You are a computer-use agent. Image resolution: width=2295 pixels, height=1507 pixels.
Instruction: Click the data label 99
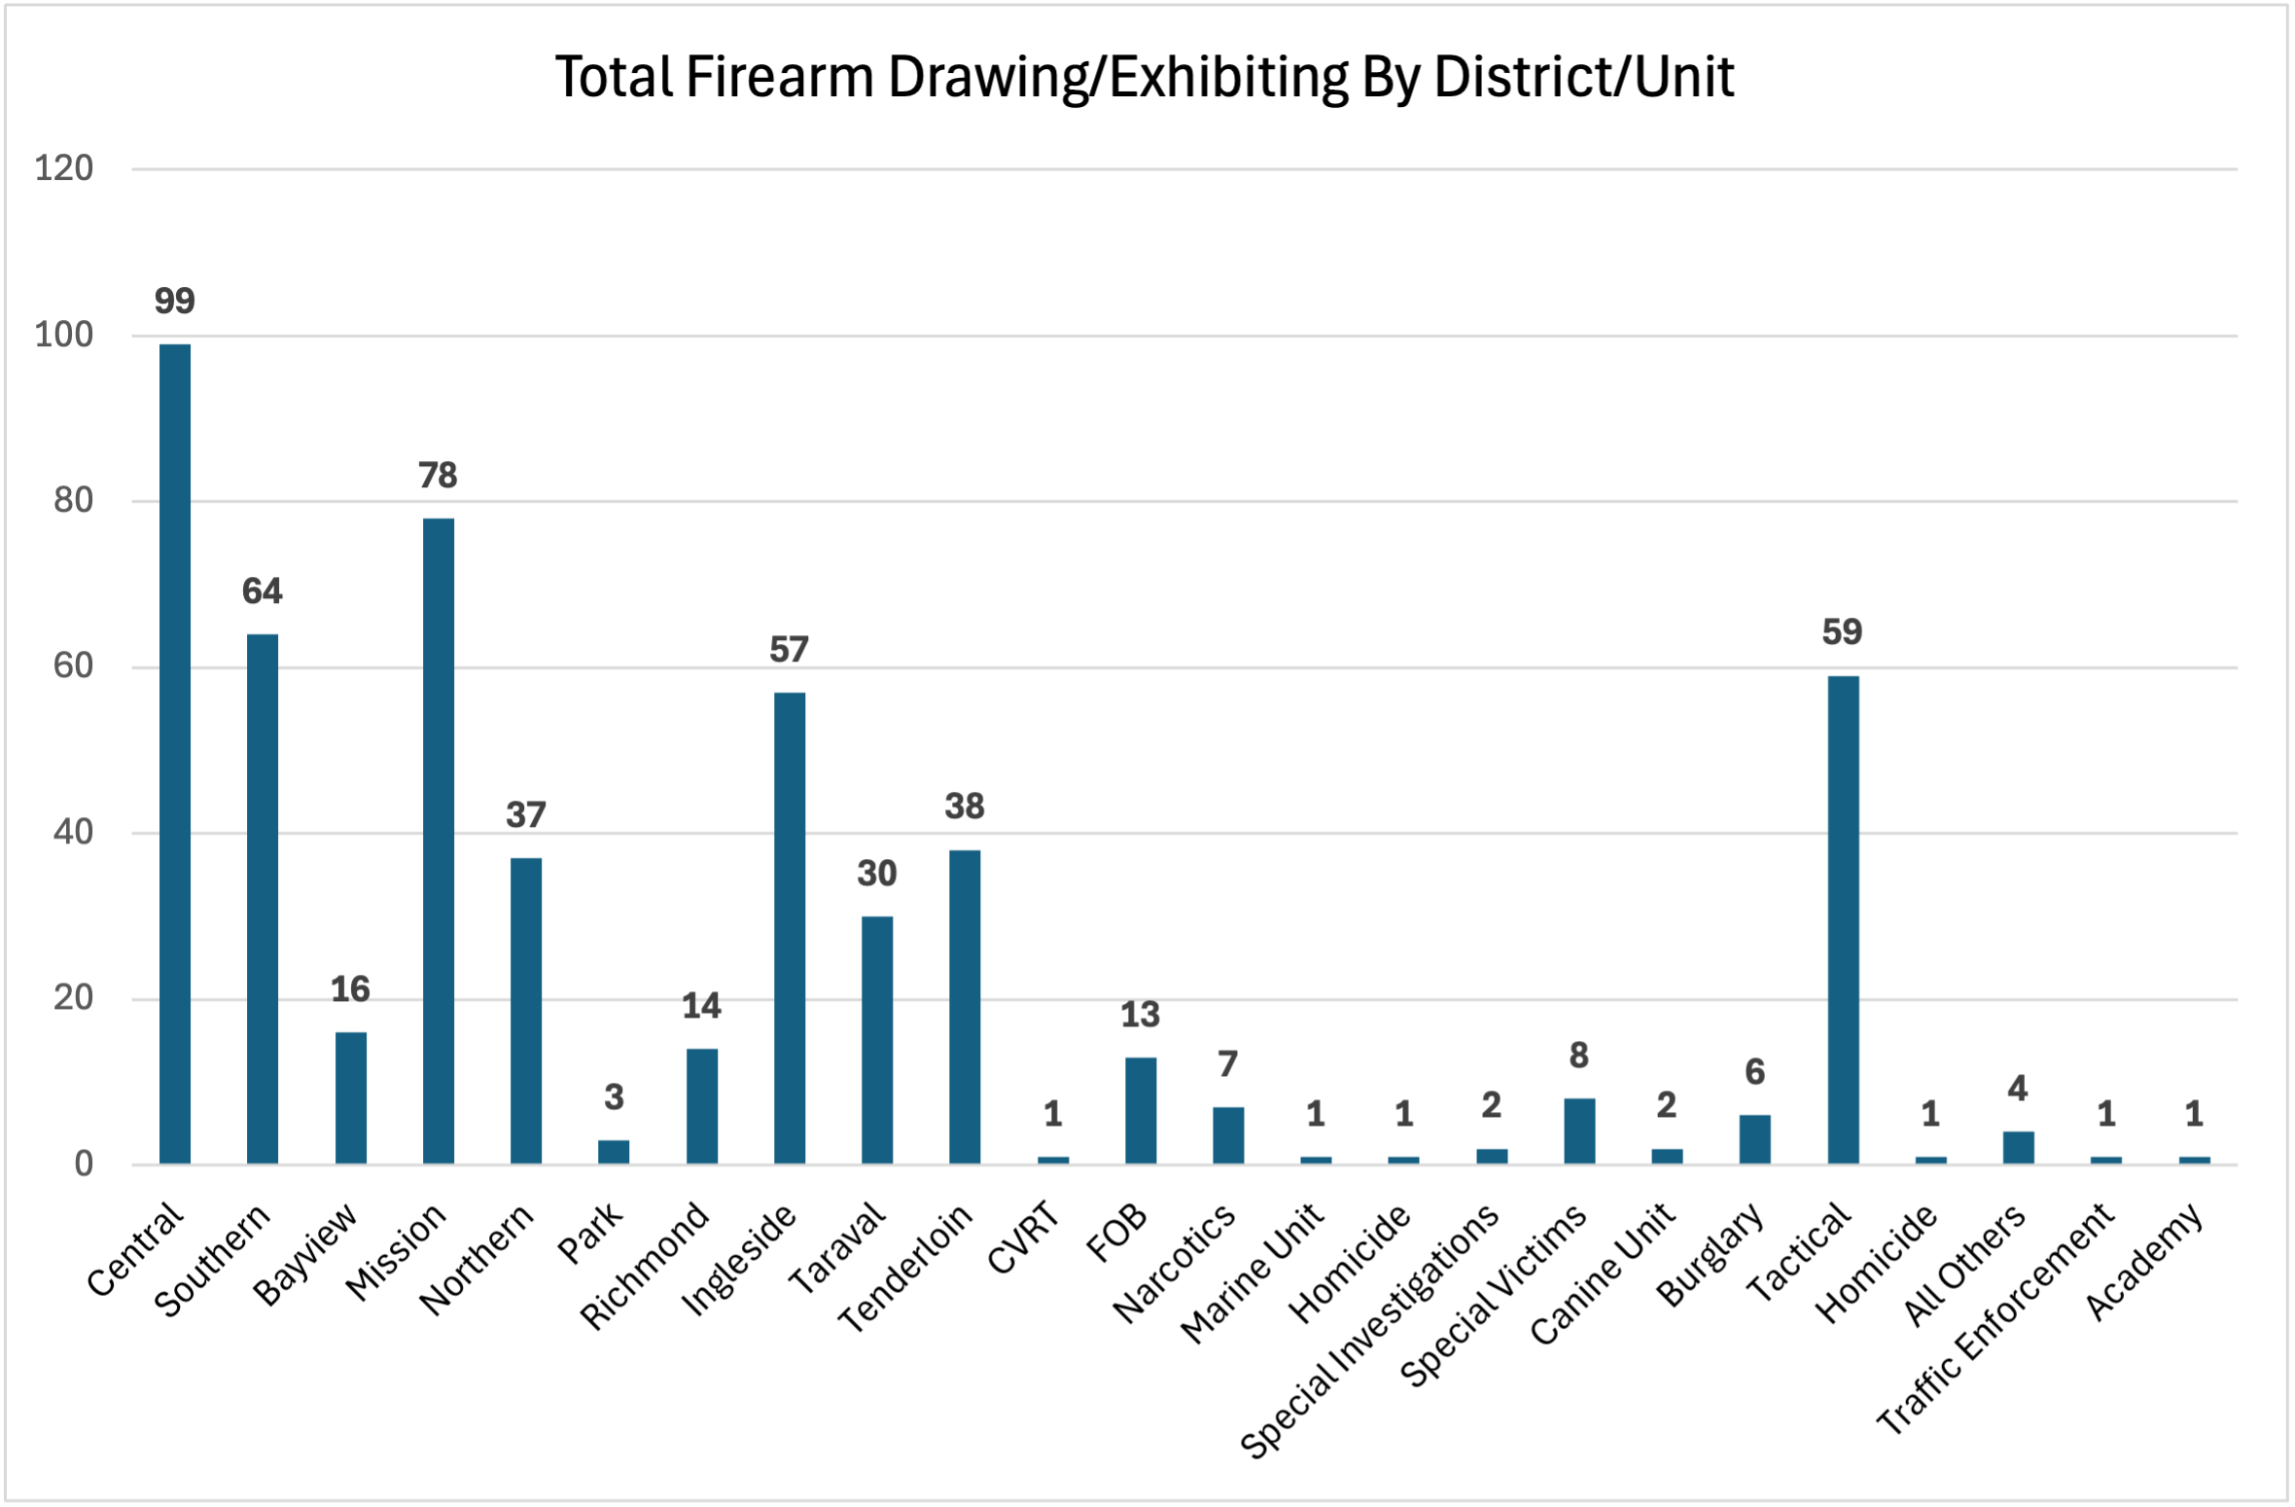tap(175, 301)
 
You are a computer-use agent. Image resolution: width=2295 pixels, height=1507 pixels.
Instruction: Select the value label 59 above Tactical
tap(1842, 632)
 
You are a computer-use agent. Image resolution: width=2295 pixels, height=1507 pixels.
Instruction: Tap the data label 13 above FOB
tap(1140, 1015)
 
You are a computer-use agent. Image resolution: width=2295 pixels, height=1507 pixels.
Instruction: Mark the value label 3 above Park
tap(614, 1097)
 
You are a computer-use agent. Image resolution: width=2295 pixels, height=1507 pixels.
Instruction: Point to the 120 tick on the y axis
tap(64, 168)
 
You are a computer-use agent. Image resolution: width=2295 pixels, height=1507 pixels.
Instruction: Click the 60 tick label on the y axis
tap(74, 666)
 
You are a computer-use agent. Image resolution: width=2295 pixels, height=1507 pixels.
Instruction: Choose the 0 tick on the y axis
tap(85, 1164)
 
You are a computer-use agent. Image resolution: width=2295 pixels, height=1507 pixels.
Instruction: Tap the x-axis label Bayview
tap(305, 1254)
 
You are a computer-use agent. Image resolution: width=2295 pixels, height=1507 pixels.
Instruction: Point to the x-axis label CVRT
tap(1022, 1238)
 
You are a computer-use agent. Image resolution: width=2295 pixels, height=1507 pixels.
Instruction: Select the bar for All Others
tap(2018, 1147)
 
